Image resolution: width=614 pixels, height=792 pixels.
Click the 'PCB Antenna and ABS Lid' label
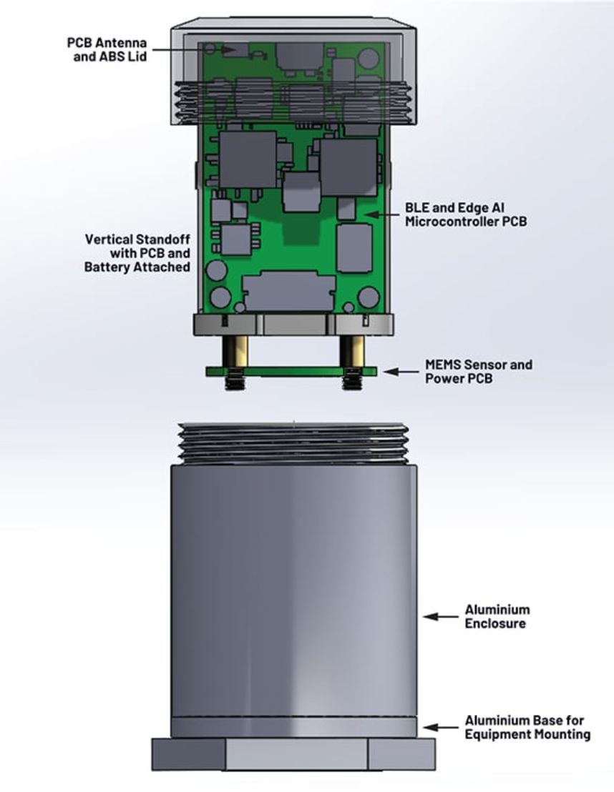coord(107,49)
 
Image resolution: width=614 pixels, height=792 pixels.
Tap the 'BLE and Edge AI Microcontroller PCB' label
coord(466,214)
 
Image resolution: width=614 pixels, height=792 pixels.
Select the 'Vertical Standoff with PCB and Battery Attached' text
coord(137,253)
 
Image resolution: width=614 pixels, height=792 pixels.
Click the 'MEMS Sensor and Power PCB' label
coord(479,372)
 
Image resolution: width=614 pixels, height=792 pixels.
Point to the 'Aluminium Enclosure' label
coord(497,616)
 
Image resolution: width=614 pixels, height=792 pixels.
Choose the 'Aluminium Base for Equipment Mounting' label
coord(527,728)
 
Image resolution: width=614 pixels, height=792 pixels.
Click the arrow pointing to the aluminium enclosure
coord(441,617)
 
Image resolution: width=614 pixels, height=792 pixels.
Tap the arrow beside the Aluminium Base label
coord(441,728)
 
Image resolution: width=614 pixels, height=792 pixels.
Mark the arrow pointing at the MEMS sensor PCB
coord(401,372)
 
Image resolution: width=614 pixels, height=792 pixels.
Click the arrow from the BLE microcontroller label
coord(381,214)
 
